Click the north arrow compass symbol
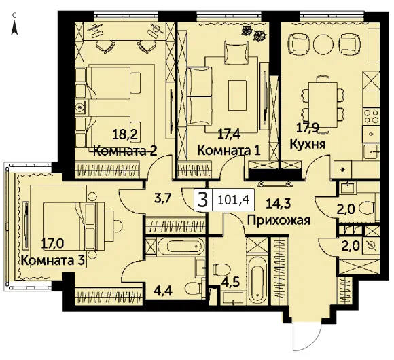pyautogui.click(x=15, y=27)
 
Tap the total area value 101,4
pyautogui.click(x=234, y=200)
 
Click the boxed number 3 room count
pyautogui.click(x=203, y=200)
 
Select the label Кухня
pyautogui.click(x=308, y=145)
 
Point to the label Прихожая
pyautogui.click(x=279, y=220)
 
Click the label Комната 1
pyautogui.click(x=229, y=151)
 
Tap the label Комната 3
pyautogui.click(x=52, y=261)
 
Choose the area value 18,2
pyautogui.click(x=125, y=134)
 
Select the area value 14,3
pyautogui.click(x=279, y=203)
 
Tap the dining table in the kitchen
pyautogui.click(x=323, y=105)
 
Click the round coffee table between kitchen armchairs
pyautogui.click(x=323, y=44)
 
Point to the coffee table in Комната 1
pyautogui.click(x=238, y=95)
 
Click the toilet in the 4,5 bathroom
pyautogui.click(x=221, y=270)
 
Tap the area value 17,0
pyautogui.click(x=53, y=243)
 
